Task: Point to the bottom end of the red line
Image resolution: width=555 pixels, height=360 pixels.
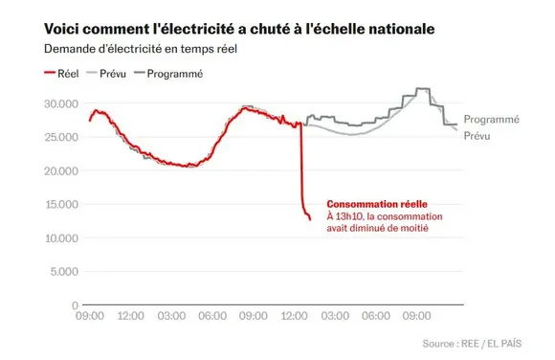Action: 310,219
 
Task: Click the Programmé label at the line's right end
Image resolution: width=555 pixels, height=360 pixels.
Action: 491,120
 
